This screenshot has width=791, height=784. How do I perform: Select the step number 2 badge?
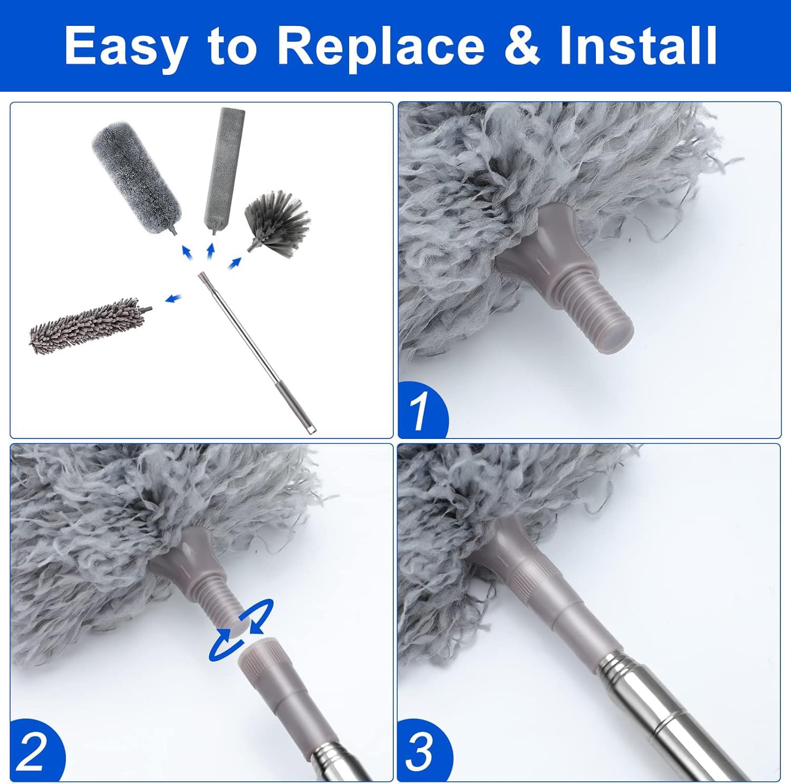[35, 752]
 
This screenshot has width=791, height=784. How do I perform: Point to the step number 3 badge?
[423, 752]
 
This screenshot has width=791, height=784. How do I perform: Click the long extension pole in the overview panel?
[256, 352]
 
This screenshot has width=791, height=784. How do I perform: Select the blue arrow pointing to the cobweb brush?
[235, 262]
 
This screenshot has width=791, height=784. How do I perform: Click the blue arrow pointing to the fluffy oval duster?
[186, 253]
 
